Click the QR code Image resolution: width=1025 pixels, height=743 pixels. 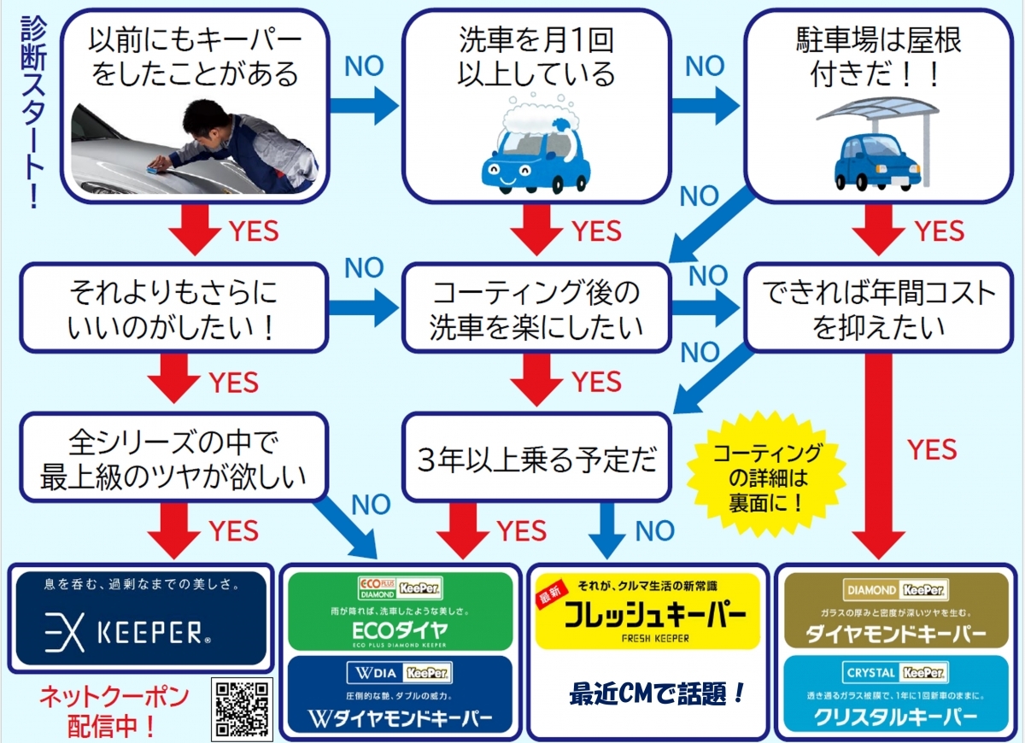point(242,709)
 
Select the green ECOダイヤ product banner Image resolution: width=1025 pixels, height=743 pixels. point(401,611)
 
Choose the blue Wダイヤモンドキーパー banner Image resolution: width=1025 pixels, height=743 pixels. point(401,693)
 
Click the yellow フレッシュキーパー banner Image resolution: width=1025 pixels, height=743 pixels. point(646,611)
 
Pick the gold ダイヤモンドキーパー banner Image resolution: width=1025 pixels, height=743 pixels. point(896,610)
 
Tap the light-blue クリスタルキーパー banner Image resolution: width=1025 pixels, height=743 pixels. point(896,693)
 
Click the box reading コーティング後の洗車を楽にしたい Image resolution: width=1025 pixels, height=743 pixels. point(536,308)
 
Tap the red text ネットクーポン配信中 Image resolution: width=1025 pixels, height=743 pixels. point(113,711)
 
